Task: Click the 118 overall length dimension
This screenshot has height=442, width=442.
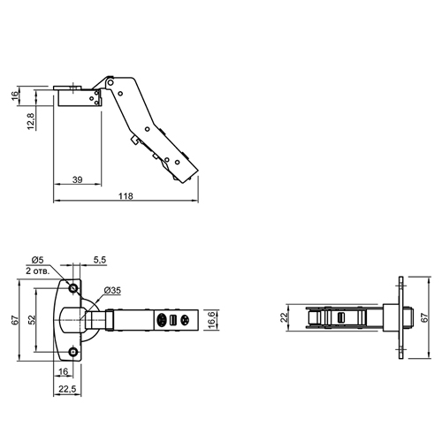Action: pos(126,196)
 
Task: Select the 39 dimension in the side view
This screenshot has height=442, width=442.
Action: pos(78,179)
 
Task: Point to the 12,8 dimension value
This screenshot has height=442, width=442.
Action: pos(31,122)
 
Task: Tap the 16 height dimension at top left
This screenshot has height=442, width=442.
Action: pos(15,95)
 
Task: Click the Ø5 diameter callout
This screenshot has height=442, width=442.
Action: pos(37,260)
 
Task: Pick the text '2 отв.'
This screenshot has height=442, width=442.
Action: pos(37,271)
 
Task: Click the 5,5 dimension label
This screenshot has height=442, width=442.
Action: pos(100,260)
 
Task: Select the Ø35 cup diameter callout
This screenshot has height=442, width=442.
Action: pos(112,291)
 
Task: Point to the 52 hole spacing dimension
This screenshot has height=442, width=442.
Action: pos(32,320)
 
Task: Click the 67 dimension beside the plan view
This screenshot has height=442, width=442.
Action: pos(15,320)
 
